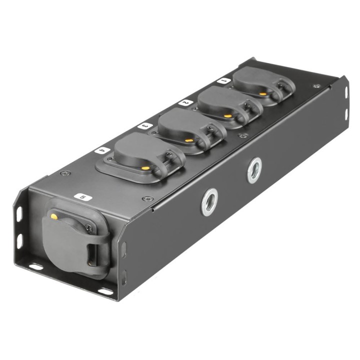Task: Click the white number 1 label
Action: (x=223, y=79)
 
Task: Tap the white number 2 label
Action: (x=184, y=102)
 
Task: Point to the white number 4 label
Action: (x=102, y=149)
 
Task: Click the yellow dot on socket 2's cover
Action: (x=228, y=115)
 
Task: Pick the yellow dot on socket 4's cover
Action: (x=144, y=168)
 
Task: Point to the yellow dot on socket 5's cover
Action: (x=53, y=216)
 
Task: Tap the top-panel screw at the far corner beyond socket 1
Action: (x=316, y=86)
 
